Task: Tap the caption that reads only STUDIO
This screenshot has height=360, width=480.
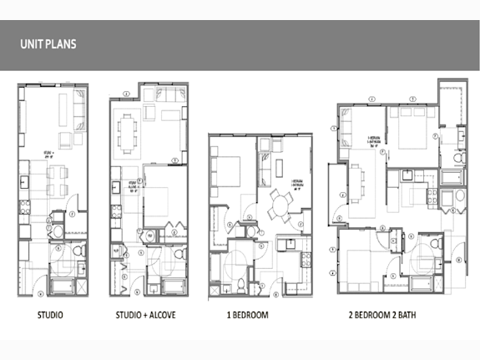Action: coord(51,317)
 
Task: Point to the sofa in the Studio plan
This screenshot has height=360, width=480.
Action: coord(78,107)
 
